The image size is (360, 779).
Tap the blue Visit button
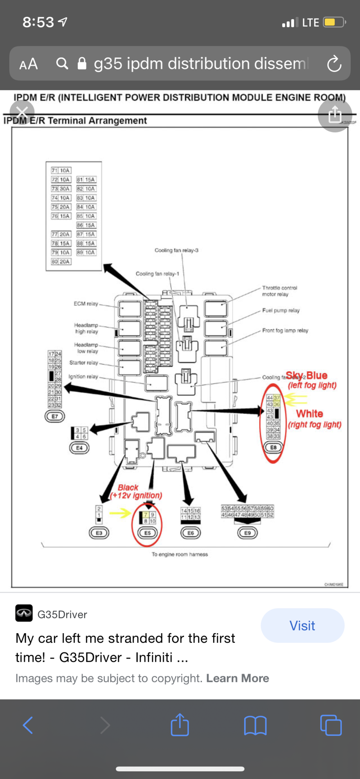click(x=302, y=625)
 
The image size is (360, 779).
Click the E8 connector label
click(x=273, y=447)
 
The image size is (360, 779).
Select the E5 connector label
click(x=147, y=533)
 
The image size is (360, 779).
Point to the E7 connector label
click(x=55, y=416)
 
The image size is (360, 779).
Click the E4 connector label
click(x=79, y=448)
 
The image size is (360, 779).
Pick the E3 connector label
click(x=99, y=533)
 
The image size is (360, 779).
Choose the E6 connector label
click(x=191, y=533)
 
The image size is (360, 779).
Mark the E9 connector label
click(x=248, y=533)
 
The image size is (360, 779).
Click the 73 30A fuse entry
click(x=61, y=188)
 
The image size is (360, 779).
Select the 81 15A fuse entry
click(x=86, y=179)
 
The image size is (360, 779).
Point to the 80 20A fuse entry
click(x=61, y=262)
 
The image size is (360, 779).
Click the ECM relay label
click(x=86, y=303)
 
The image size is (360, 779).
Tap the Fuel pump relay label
click(x=281, y=311)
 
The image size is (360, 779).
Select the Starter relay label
click(x=83, y=363)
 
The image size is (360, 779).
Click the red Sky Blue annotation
click(x=307, y=375)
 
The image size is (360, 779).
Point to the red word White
click(x=310, y=414)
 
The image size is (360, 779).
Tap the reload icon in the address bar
click(x=334, y=64)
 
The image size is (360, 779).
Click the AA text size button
click(x=29, y=64)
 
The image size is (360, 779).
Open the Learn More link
click(x=238, y=678)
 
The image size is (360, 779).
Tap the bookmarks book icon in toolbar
click(x=255, y=725)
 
